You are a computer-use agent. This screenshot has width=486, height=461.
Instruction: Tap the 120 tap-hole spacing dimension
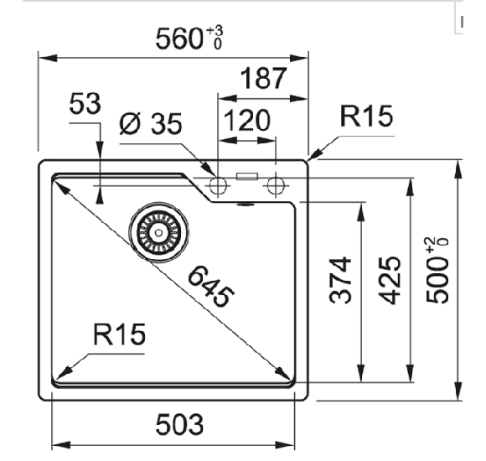point(247,121)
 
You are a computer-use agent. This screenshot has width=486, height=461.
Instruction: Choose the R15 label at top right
point(366,117)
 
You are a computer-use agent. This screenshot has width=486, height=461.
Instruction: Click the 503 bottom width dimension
point(178,425)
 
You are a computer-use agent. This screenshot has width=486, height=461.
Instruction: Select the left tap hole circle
point(219,185)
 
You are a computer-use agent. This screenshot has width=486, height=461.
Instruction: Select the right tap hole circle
point(276,185)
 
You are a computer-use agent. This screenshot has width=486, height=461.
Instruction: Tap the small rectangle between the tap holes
point(247,177)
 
